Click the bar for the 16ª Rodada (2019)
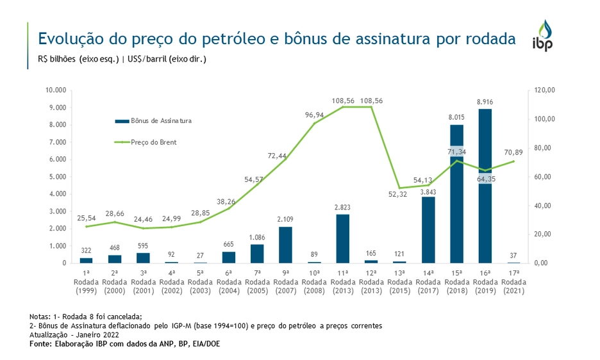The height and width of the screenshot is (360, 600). point(485,186)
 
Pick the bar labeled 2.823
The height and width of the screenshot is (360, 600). point(342,238)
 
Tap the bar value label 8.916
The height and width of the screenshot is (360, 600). point(485,101)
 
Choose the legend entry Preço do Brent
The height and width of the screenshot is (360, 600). point(153,142)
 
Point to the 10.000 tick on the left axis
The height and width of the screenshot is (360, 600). point(56,90)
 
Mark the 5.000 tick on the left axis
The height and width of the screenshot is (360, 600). point(58,177)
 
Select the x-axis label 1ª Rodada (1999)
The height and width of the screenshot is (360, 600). point(86,282)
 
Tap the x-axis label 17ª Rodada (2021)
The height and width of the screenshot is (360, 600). point(513,282)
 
